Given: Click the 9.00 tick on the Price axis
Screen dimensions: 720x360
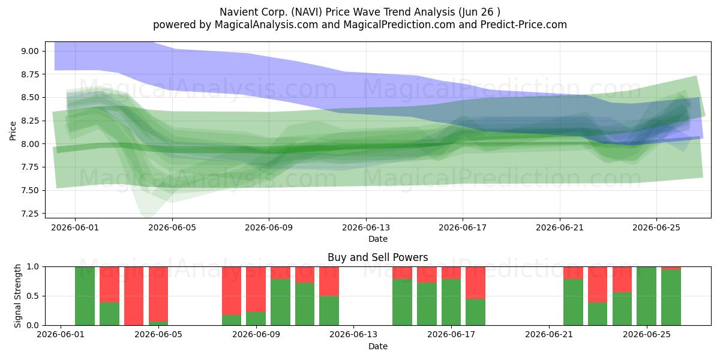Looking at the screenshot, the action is (29, 51).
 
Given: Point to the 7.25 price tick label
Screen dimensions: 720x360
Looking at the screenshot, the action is (29, 214).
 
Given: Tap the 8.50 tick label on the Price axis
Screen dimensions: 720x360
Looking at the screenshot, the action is (29, 97).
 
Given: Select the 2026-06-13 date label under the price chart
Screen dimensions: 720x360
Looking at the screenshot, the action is (366, 227).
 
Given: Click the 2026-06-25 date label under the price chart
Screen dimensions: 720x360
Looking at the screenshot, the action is (656, 227).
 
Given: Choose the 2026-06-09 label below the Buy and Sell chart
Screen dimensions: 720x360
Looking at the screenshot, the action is (256, 335).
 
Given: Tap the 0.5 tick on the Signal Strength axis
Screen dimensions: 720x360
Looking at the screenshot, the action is (33, 296).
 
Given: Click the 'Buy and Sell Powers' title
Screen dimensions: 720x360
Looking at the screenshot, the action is (377, 257).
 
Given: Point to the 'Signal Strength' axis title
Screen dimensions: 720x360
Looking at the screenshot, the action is (17, 296).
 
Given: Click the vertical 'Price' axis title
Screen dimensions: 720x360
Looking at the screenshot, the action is (13, 131).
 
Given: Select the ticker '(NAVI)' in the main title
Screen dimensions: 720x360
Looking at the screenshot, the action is (307, 12).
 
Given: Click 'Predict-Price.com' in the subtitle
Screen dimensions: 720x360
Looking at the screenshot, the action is (524, 25).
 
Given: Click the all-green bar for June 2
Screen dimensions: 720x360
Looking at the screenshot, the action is (85, 296).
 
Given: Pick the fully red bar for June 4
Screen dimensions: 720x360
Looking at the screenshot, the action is (134, 296).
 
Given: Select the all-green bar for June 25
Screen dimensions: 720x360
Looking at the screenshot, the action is (646, 296).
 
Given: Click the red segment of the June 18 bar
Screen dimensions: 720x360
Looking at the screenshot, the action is (475, 283).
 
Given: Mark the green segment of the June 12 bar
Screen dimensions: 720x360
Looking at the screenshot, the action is (329, 311).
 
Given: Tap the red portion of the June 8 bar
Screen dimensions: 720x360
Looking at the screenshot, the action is (232, 291).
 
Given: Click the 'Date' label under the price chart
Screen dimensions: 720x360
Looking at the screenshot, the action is (377, 239).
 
